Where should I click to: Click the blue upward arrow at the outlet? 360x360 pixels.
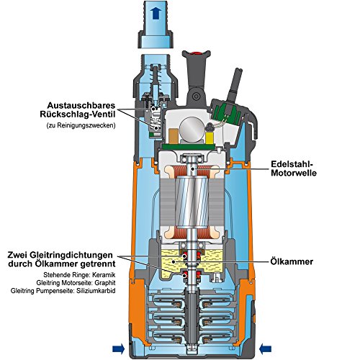point(156,13)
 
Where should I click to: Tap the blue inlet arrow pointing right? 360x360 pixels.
point(119,348)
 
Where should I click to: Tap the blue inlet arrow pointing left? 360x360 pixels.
point(266,348)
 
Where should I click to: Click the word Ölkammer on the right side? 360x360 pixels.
point(292,261)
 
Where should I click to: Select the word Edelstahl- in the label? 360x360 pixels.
point(292,164)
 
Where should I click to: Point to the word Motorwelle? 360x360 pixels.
point(294,173)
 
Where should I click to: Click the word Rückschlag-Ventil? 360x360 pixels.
point(78,114)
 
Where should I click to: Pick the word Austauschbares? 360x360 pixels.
point(81,105)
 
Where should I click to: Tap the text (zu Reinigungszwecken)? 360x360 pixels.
point(81,125)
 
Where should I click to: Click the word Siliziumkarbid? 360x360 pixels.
point(96,291)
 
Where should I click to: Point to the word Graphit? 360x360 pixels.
point(105,283)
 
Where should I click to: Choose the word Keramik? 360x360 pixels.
point(104,275)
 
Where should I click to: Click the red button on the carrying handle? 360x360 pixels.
point(197,53)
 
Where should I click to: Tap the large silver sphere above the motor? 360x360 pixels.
point(192,129)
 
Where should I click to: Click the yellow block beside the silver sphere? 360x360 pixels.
point(210,138)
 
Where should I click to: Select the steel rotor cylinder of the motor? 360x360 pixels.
point(192,202)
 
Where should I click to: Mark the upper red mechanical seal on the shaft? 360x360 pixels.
point(192,256)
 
